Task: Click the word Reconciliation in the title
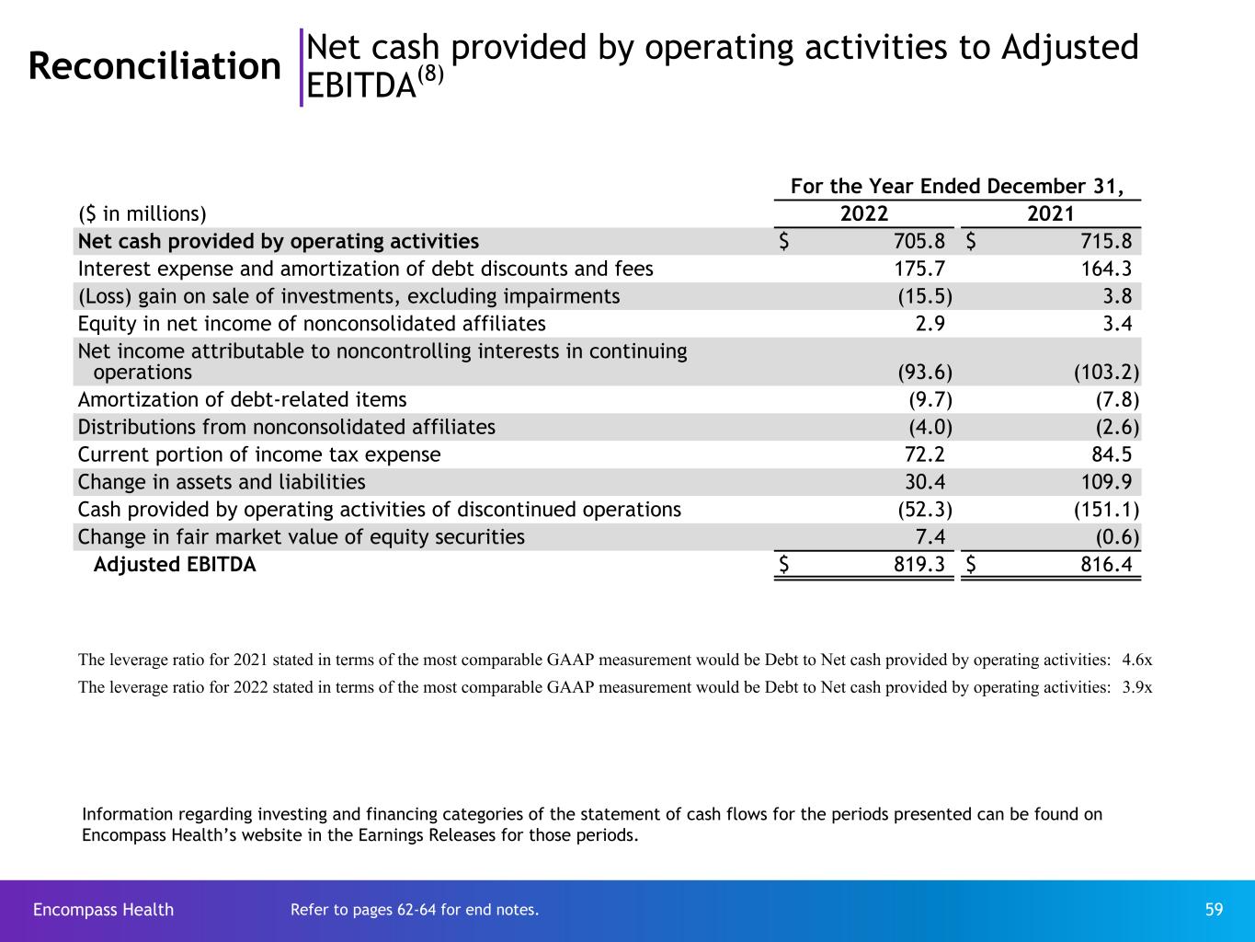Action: click(x=154, y=66)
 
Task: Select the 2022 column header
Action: click(x=864, y=214)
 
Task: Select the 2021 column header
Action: click(x=1050, y=214)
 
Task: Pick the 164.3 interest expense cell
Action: click(x=1101, y=269)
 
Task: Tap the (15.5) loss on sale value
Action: click(x=924, y=296)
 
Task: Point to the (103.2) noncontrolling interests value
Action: click(x=1106, y=373)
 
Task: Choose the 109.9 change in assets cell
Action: click(x=1101, y=482)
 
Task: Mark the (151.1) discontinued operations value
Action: click(x=1106, y=510)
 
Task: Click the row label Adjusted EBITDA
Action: click(x=175, y=565)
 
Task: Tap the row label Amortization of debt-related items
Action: click(x=242, y=400)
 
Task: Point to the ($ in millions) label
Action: click(x=143, y=214)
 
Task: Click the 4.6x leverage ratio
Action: click(x=1137, y=660)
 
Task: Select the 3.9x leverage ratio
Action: click(x=1137, y=687)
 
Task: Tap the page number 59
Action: click(x=1214, y=910)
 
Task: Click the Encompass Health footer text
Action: click(x=103, y=910)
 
